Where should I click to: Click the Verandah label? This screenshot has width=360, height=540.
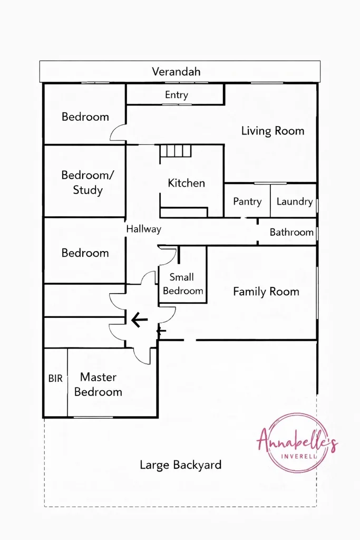coord(176,72)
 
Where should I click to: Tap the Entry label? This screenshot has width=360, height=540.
coord(177,95)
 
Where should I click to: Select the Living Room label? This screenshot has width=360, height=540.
coord(273,131)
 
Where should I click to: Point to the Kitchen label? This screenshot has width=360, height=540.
coord(186,183)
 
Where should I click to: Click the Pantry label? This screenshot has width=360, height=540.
coord(247,201)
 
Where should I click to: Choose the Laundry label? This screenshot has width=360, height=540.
coord(295,201)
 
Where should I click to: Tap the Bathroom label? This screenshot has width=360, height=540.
coord(291,232)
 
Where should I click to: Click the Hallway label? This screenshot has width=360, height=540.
coord(143,229)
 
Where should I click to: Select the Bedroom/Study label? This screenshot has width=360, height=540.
coord(87,182)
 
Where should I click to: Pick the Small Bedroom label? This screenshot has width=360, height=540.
coord(183,284)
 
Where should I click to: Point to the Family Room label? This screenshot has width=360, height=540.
coord(266,292)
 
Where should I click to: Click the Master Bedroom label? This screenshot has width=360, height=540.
coord(98,384)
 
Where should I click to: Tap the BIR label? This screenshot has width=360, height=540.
coord(55,379)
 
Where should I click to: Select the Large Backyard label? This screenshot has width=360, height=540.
coord(180,465)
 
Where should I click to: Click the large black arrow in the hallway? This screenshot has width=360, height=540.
coord(139,320)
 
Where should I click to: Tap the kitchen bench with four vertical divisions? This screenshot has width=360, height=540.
coord(176,151)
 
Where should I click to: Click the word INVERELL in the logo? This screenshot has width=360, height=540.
coord(299,457)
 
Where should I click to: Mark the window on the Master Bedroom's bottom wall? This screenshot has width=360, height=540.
coord(93,418)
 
